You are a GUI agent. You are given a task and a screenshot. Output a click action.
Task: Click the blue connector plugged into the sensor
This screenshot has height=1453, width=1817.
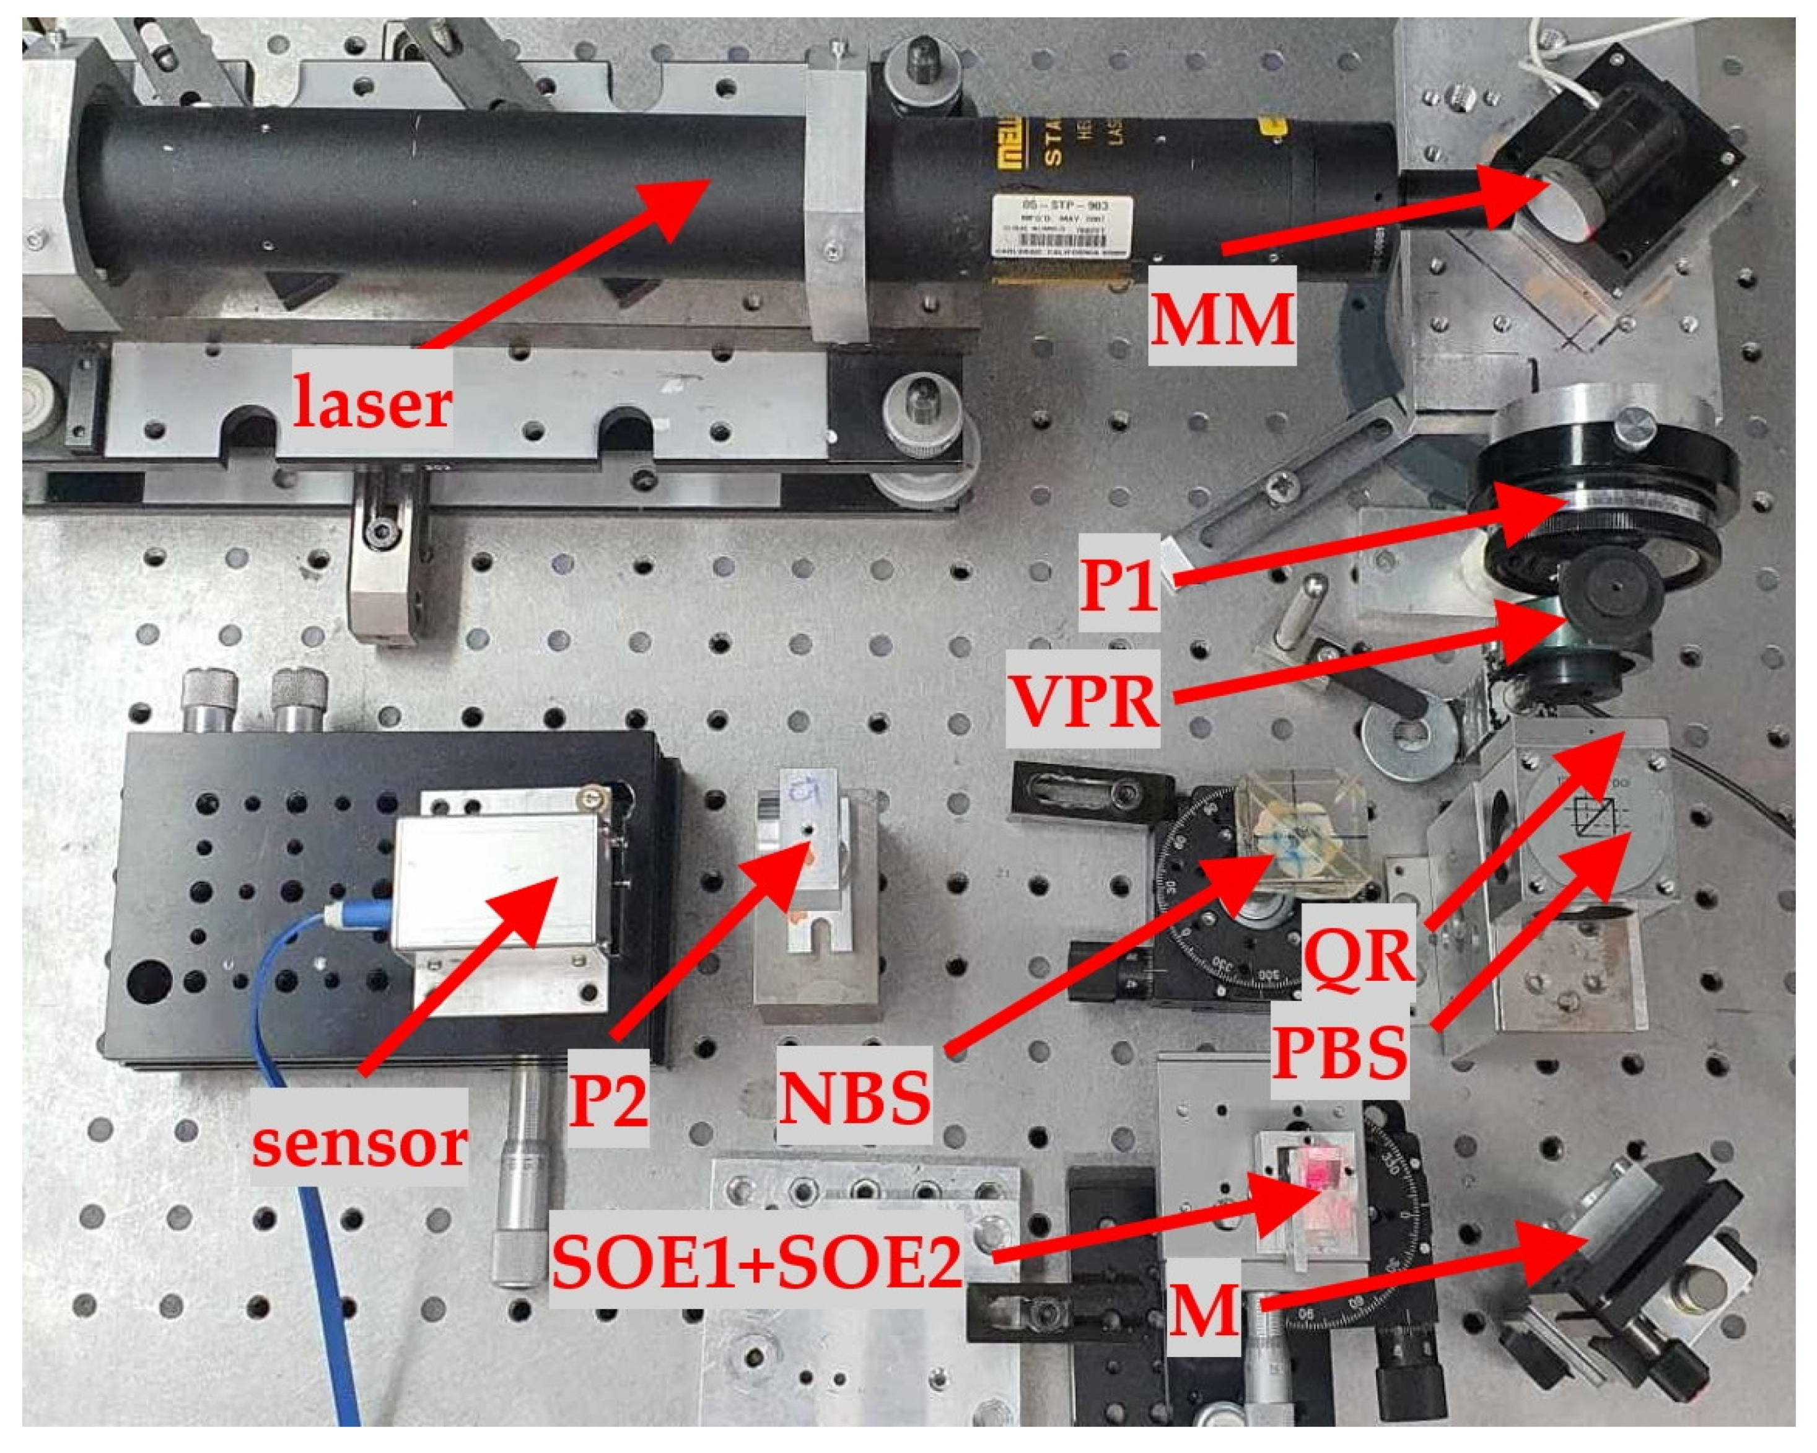click(358, 915)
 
